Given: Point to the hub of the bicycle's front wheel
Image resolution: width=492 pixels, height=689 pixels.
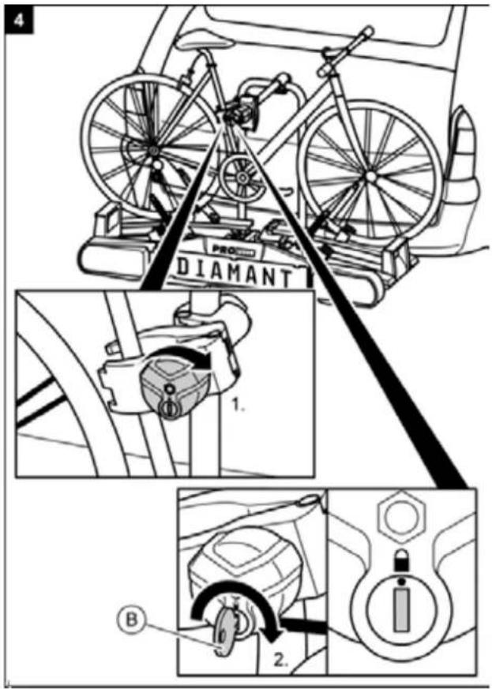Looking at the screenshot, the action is tap(368, 167).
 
